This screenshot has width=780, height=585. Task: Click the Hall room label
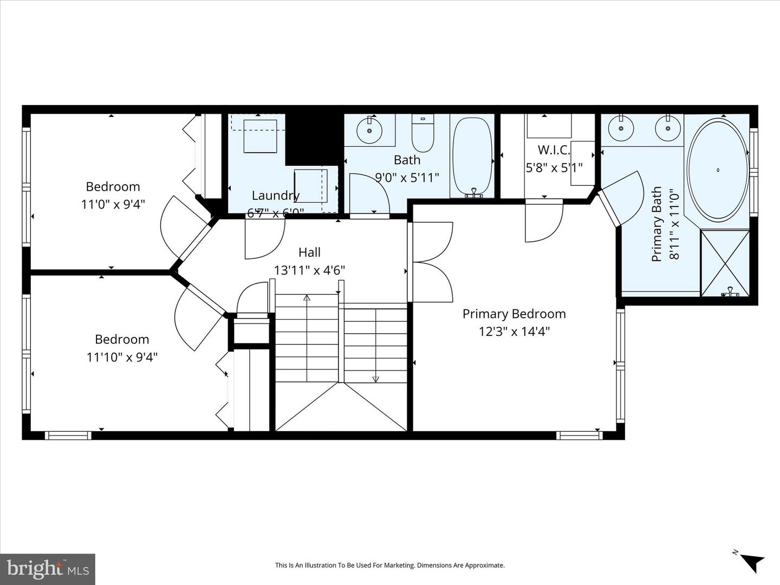309,252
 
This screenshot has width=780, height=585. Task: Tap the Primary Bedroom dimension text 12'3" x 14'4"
514,331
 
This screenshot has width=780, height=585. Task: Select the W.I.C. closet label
554,150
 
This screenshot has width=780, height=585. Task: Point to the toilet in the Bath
422,134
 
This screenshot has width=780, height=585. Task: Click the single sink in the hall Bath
370,131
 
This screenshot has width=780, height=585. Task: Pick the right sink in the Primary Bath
667,129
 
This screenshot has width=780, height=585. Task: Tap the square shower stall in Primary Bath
725,263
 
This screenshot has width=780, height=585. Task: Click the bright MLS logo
48,568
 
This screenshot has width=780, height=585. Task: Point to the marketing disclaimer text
389,565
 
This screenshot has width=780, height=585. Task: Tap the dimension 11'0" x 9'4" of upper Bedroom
113,204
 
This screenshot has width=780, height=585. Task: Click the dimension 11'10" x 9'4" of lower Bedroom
122,357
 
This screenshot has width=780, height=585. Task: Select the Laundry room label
276,196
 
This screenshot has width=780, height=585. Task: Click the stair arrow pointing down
376,379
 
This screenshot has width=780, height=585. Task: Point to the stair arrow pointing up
307,297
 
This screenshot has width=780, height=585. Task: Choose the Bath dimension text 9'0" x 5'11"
407,177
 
